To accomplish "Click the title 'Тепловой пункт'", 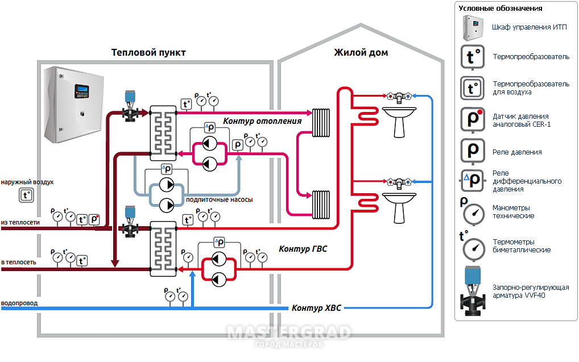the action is click(148, 53).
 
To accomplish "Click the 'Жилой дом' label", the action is click(361, 53).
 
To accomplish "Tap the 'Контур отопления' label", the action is click(262, 121).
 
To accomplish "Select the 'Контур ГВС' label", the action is click(303, 249).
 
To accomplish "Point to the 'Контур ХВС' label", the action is click(316, 308).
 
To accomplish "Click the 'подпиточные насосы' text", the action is click(220, 199).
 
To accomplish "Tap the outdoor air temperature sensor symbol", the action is click(26, 195).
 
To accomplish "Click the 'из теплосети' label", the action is click(20, 223).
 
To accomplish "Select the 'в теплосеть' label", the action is click(18, 263).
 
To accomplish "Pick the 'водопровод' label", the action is click(19, 303).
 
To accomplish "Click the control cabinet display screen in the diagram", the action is click(81, 89).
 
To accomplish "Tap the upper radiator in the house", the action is click(321, 123).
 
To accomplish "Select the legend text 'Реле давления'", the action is click(517, 152).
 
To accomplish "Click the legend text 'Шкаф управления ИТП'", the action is click(529, 27).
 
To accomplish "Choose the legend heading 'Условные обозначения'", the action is click(501, 8).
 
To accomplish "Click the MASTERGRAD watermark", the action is click(289, 332).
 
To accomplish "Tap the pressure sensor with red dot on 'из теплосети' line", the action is click(94, 219).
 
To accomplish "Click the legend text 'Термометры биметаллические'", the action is click(522, 246).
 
